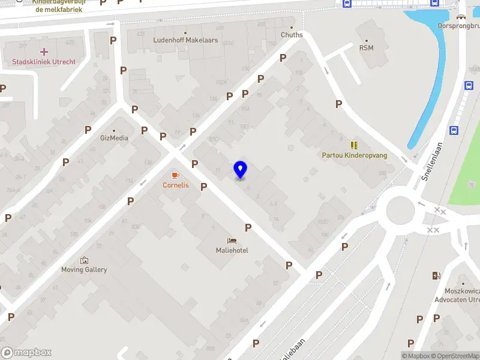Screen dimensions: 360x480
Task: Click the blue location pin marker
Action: pos(241,170)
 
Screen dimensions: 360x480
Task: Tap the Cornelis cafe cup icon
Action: pos(175,175)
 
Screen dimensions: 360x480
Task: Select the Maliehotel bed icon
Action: pos(232,241)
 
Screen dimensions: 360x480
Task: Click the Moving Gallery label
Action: pos(84,269)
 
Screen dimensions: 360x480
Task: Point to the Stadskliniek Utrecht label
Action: pos(44,62)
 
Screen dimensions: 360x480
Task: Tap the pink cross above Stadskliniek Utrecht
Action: pos(44,52)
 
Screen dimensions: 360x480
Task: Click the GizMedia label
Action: pos(114,138)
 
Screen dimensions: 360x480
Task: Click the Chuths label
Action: pos(292,35)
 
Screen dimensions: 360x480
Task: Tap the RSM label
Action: pos(366,48)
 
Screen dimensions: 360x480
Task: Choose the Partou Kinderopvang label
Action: pos(355,155)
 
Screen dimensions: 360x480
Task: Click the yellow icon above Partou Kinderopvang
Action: pos(354,145)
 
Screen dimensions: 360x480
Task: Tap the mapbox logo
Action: pos(26,353)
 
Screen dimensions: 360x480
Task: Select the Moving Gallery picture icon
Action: pos(84,260)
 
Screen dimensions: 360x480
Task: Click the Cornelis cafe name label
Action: pos(175,185)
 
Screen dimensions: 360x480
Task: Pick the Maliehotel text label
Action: pos(232,250)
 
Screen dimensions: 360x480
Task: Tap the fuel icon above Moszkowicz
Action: pos(436,276)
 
